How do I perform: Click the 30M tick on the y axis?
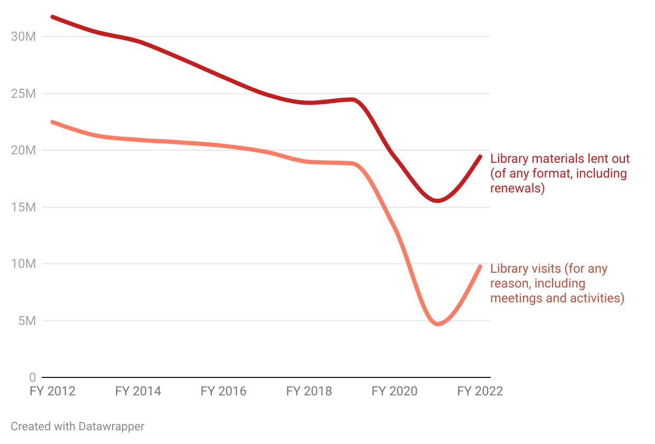tap(23, 37)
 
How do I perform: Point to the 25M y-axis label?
tap(23, 94)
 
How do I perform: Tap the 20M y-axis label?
tap(23, 151)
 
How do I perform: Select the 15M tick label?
tap(23, 207)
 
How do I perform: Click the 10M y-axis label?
tap(23, 264)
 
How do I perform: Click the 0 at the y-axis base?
tap(32, 377)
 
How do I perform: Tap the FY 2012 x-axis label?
tap(52, 391)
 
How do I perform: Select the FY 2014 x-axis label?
tap(138, 391)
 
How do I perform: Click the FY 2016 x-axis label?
tap(223, 391)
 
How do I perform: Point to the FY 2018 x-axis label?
tap(309, 391)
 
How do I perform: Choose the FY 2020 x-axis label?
tap(395, 391)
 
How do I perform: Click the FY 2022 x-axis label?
tap(480, 391)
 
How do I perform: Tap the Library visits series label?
tap(557, 283)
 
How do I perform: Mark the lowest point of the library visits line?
tap(437, 323)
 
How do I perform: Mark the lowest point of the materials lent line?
tap(437, 201)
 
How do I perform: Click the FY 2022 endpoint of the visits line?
tap(480, 266)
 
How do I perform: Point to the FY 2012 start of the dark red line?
tap(52, 17)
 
